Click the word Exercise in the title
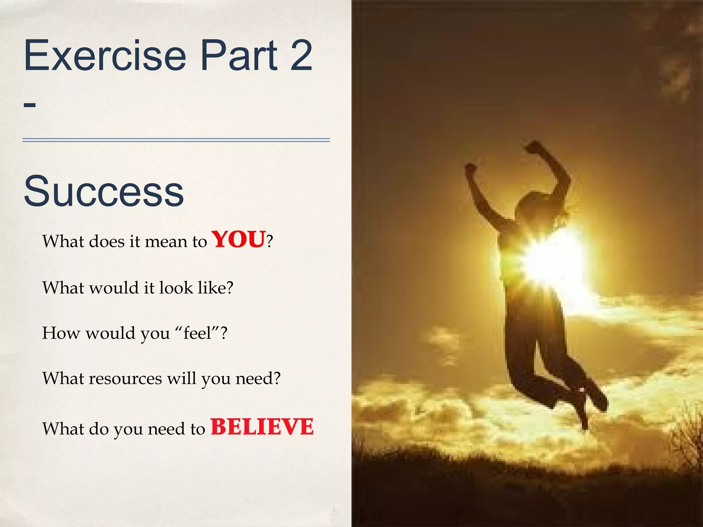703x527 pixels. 105,56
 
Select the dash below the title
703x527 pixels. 30,104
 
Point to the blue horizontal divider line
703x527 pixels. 176,140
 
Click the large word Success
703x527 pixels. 104,191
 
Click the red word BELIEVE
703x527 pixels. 262,428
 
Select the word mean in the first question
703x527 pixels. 166,242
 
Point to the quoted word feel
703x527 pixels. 197,333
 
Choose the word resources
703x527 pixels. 126,379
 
